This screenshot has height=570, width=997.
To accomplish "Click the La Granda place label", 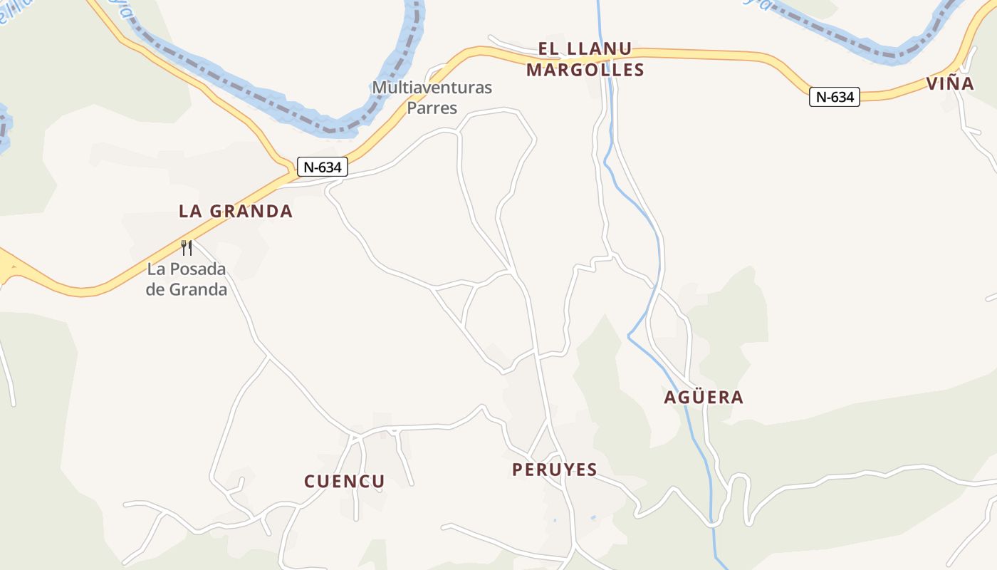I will [x=236, y=211].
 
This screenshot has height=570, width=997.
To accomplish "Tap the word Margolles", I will [x=585, y=70].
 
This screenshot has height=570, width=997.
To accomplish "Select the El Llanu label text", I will [x=585, y=49].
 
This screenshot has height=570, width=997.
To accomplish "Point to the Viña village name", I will [x=951, y=83].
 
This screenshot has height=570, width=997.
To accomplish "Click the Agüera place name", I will [x=704, y=398].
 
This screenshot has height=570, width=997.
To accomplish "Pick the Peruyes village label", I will [x=555, y=470].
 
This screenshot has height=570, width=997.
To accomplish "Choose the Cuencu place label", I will [x=345, y=482].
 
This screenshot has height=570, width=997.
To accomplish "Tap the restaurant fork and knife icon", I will [x=187, y=248].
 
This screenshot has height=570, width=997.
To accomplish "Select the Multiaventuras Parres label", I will [x=432, y=98].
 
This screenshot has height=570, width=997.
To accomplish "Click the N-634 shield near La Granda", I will [x=323, y=167].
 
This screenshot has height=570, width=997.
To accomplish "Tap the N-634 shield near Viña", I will [x=835, y=97].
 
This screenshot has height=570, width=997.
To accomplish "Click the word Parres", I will [x=432, y=108].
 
